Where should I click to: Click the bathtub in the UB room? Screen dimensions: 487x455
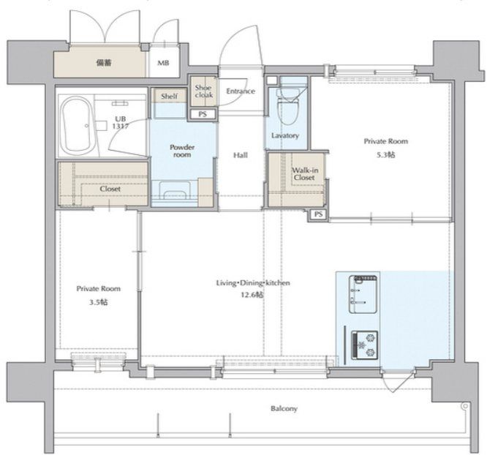[76, 126]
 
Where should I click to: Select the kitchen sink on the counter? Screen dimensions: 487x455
[363, 294]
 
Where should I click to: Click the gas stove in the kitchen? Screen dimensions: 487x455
[364, 345]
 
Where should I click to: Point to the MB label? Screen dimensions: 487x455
[163, 63]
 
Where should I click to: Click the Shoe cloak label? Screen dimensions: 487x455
[204, 91]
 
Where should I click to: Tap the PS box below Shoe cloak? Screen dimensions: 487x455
[203, 114]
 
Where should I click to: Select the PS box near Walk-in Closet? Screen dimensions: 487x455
[318, 214]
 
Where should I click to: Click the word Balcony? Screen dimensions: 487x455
[284, 408]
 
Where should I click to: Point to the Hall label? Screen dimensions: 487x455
[241, 155]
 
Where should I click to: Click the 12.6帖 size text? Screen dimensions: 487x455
[252, 295]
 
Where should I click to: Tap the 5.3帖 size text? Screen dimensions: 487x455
[386, 154]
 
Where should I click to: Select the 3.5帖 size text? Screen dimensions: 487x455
[99, 302]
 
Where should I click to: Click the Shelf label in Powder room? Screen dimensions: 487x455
[169, 97]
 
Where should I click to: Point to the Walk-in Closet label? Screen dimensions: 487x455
[305, 173]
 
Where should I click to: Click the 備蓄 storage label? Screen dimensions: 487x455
[104, 63]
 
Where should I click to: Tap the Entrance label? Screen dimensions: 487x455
[241, 91]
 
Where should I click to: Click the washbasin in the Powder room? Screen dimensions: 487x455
[175, 190]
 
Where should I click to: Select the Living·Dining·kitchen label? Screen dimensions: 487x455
[253, 283]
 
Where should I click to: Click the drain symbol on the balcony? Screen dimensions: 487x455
[464, 406]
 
